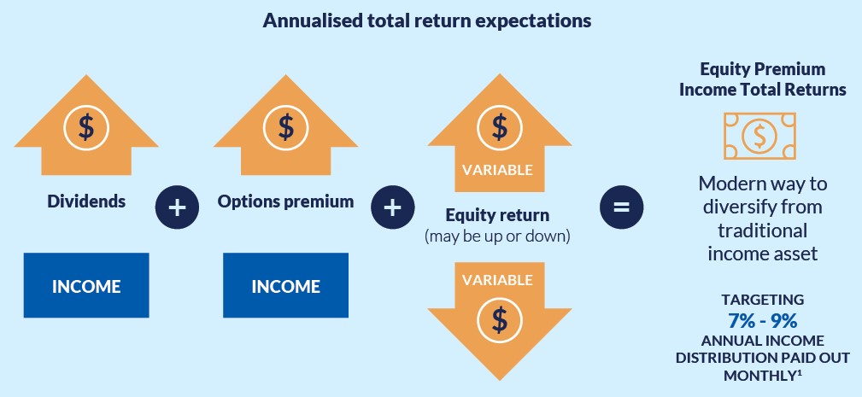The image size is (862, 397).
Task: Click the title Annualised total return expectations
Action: [x=426, y=20]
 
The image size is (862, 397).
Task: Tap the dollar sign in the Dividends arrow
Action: [x=86, y=127]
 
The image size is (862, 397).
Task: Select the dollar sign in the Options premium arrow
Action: [x=286, y=127]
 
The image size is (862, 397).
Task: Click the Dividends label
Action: [x=86, y=201]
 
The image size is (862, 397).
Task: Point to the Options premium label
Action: [x=286, y=201]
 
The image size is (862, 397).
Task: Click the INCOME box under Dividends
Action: [x=86, y=285]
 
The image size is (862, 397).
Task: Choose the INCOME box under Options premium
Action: [x=286, y=285]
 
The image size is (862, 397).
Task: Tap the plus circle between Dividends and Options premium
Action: [x=177, y=207]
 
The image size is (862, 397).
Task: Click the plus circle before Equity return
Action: [x=392, y=207]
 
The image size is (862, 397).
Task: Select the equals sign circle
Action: [x=621, y=207]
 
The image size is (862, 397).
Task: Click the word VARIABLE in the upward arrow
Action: [x=497, y=170]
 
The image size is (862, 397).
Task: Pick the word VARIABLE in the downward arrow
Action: [x=497, y=280]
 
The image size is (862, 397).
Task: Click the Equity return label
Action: [x=497, y=214]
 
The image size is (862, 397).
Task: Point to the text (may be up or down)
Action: [x=497, y=236]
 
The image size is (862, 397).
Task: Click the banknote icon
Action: [x=759, y=136]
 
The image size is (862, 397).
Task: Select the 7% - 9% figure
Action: [x=763, y=319]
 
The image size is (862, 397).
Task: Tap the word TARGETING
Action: [x=763, y=300]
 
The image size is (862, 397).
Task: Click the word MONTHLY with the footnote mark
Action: [x=763, y=376]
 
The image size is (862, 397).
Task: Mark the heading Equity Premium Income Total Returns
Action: [x=763, y=79]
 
